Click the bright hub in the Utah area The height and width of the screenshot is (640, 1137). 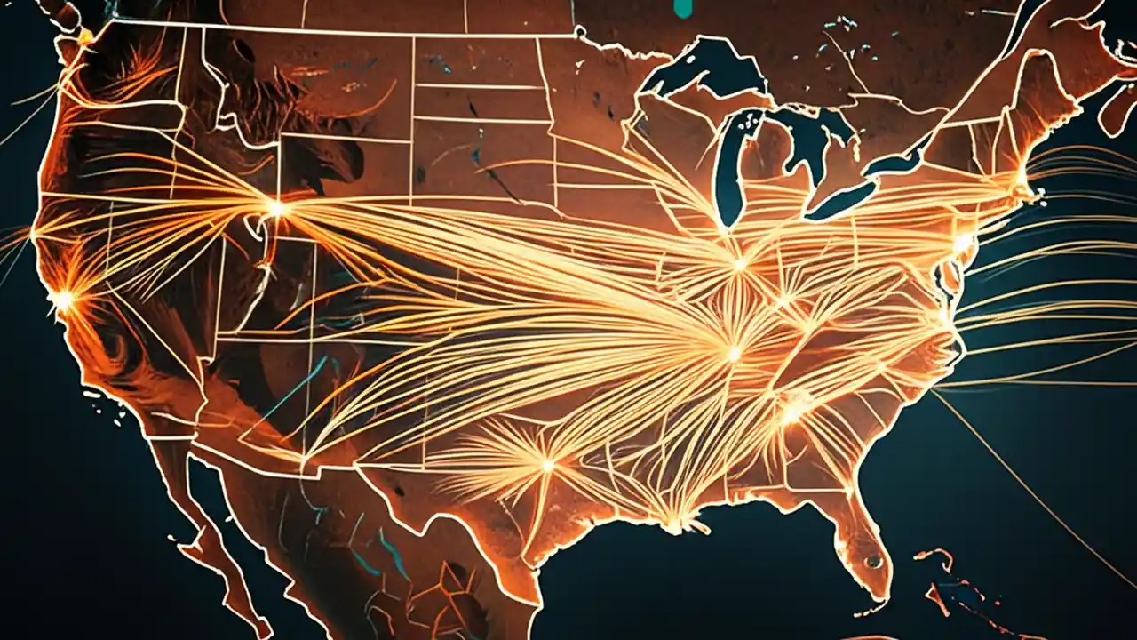(x=276, y=209)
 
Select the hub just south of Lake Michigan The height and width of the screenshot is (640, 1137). (x=739, y=263)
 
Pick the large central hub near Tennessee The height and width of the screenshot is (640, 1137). (x=734, y=353)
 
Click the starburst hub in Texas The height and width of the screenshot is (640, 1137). (x=547, y=464)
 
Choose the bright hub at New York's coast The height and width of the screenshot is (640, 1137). (x=963, y=242)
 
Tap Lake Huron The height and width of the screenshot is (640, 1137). (x=804, y=142)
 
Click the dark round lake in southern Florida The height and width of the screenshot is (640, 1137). (x=874, y=561)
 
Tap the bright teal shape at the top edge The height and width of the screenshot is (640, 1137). (x=683, y=7)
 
